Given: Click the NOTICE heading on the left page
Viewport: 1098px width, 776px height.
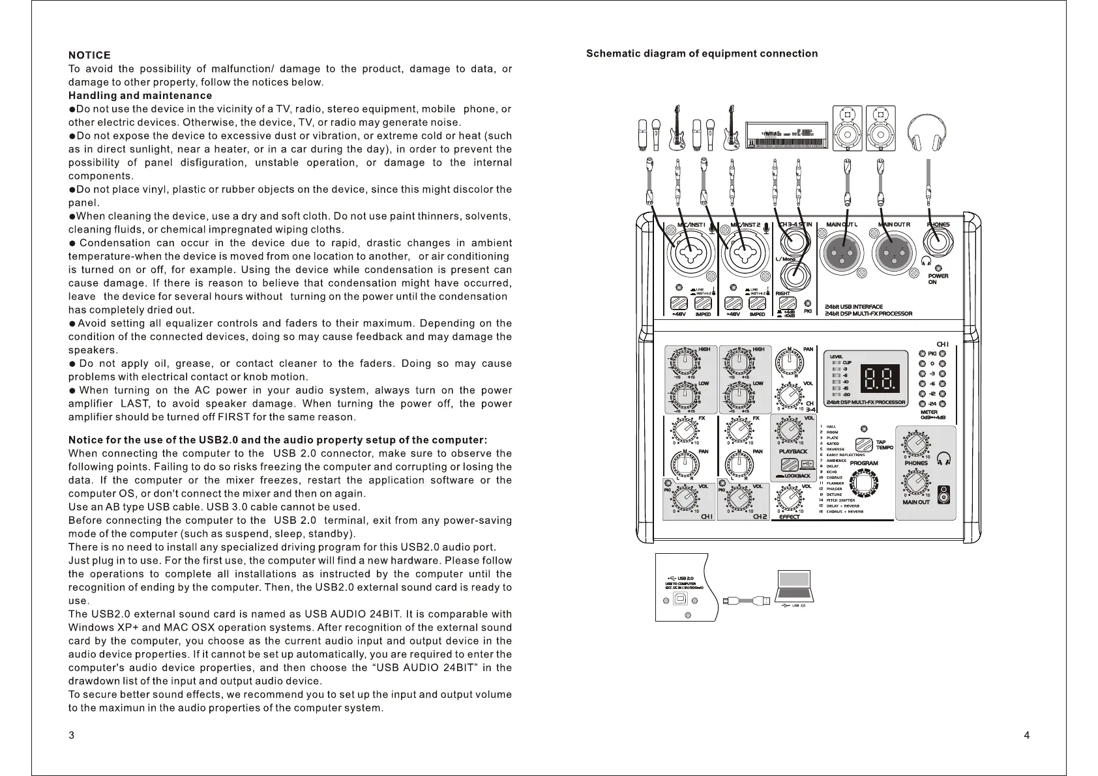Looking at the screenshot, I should click(x=89, y=55).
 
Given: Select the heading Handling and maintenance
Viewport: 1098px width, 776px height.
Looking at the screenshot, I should click(x=140, y=96).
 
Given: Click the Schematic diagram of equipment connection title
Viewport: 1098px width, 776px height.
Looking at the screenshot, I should click(x=702, y=54).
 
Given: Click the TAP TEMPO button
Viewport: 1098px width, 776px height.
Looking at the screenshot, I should click(x=865, y=445).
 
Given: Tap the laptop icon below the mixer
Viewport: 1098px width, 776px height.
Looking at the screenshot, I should click(x=795, y=586).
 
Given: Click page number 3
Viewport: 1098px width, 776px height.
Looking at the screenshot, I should click(x=71, y=736).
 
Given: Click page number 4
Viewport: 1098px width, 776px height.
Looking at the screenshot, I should click(x=1027, y=736).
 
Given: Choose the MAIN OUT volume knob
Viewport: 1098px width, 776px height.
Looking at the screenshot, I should click(x=916, y=484).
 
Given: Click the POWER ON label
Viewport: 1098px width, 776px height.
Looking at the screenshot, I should click(x=938, y=279).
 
